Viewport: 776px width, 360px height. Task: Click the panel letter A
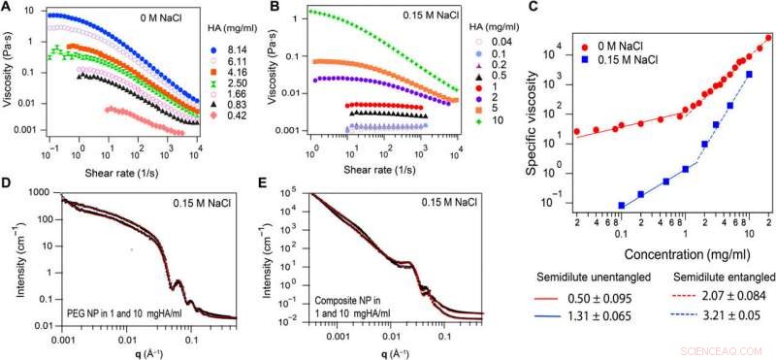[7, 8]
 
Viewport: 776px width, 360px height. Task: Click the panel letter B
[275, 8]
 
